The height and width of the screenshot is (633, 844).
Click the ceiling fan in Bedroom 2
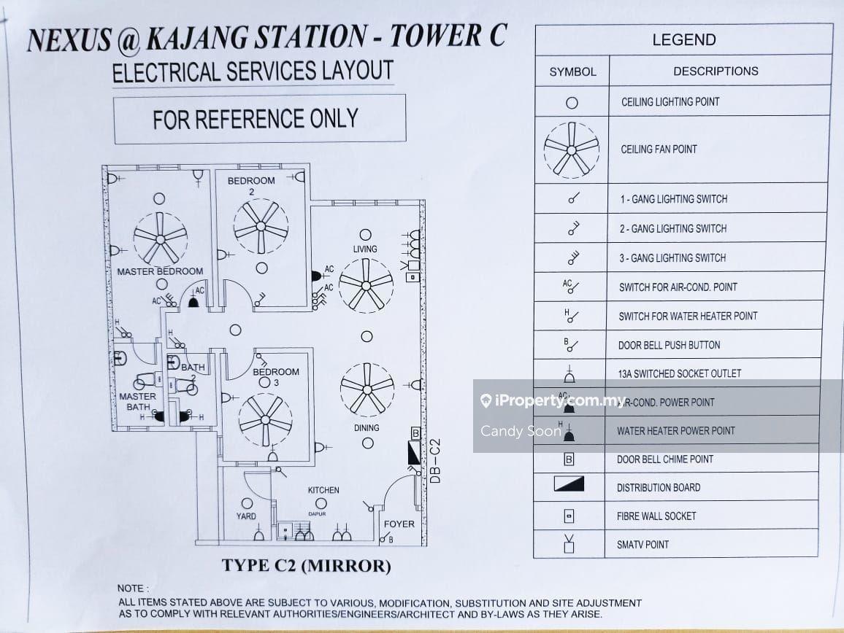pos(261,228)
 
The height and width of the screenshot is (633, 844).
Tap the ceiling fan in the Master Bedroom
pos(161,237)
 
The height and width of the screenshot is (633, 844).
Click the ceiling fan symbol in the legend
pos(572,149)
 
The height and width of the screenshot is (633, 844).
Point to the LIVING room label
pos(365,249)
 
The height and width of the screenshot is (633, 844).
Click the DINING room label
pos(367,427)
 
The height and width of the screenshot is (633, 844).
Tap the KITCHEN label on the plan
pos(323,490)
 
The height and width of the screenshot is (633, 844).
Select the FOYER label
pos(399,524)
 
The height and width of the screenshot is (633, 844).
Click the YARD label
pos(247,516)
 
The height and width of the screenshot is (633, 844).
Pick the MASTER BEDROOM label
pos(160,271)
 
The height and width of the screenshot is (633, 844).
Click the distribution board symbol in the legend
pos(569,483)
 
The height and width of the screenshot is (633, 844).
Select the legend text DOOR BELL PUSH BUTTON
pos(669,345)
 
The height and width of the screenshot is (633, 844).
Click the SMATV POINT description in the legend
pos(642,544)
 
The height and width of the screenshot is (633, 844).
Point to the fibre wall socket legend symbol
pos(569,516)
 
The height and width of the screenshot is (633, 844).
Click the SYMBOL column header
pos(572,71)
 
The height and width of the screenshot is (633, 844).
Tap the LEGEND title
pos(683,40)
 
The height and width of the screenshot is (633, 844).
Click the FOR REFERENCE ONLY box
pos(259,118)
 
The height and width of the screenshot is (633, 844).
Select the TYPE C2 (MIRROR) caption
pos(307,566)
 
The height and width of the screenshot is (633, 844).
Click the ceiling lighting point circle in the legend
pos(572,103)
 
